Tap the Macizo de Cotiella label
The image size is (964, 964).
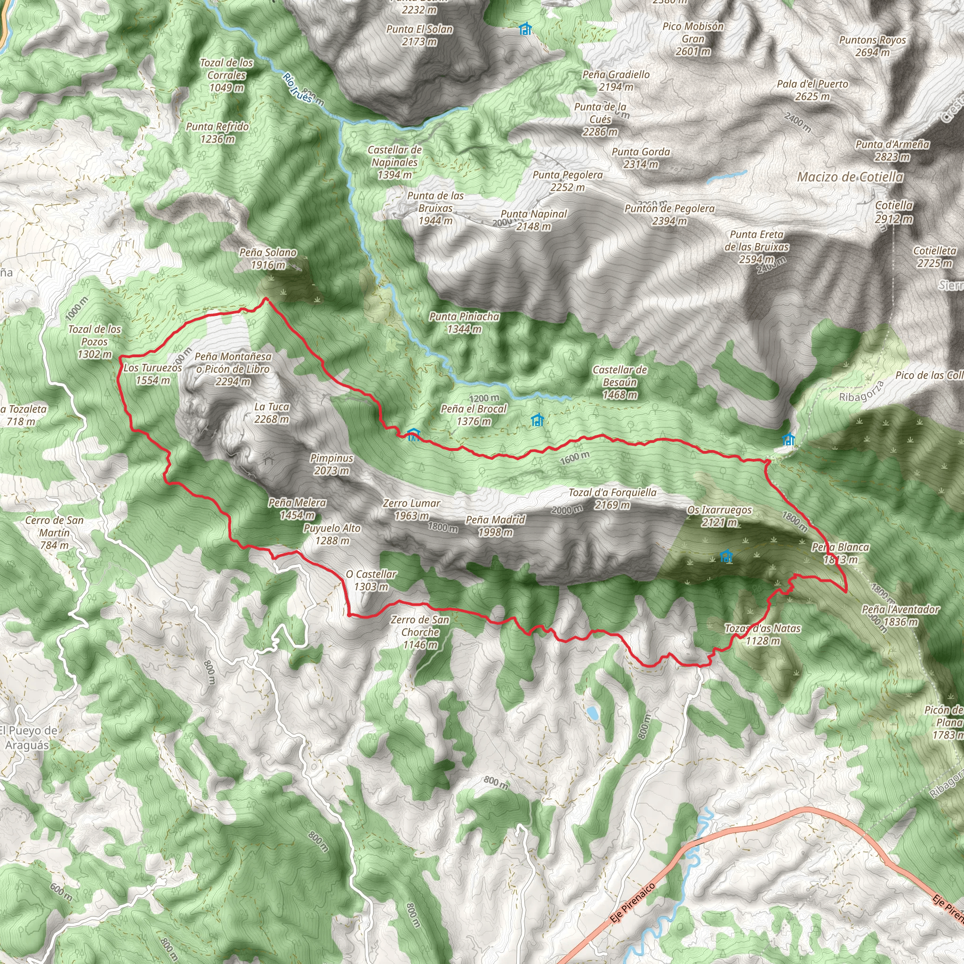coord(850,177)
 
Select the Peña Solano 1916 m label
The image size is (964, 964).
coord(268,258)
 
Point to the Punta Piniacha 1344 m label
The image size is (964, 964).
coord(464,322)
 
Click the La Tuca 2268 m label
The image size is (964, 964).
coord(272,413)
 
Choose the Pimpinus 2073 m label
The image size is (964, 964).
coord(331,464)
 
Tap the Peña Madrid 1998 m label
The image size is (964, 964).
coord(496,526)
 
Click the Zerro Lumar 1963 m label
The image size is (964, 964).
coord(411,509)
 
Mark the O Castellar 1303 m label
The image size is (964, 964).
coord(371,580)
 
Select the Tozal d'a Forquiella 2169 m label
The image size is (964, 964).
coord(612,498)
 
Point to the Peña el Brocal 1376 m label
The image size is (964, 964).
coord(474,415)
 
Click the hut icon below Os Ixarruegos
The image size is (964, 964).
coord(726,556)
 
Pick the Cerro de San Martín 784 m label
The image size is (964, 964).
coord(55,532)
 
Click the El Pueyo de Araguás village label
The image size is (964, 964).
coord(28,738)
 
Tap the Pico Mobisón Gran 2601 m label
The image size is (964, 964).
coord(693,39)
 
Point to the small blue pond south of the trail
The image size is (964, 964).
coord(592,713)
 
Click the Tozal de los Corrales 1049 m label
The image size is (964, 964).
coord(226,75)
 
